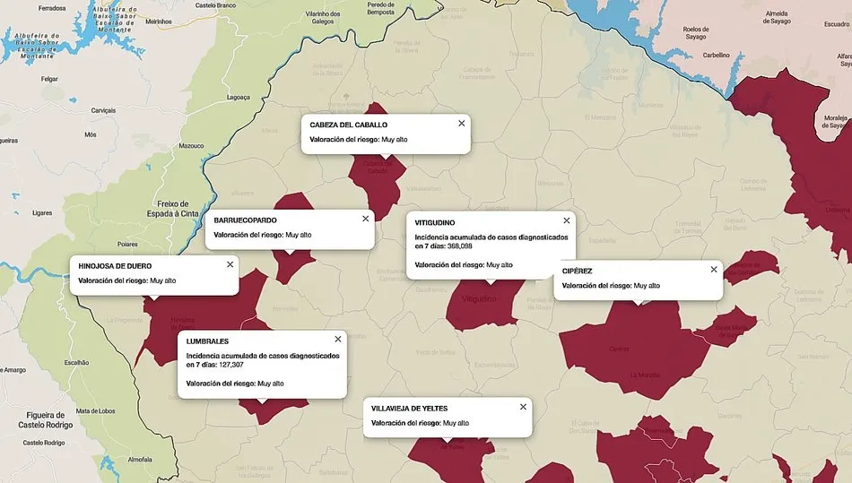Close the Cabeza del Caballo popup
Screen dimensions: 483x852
[x=462, y=124]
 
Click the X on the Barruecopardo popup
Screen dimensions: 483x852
[x=365, y=219]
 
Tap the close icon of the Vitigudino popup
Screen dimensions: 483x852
[x=566, y=220]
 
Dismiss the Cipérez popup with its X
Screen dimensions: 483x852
[x=714, y=269]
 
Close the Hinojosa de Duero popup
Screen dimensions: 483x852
[x=230, y=264]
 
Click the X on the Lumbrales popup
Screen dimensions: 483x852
[x=338, y=340]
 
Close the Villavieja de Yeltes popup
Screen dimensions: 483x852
[x=523, y=407]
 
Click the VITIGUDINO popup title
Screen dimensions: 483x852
[x=435, y=222]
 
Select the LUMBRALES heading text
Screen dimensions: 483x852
[x=207, y=341]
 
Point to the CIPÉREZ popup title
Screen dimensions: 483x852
[x=577, y=271]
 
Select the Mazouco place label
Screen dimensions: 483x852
[x=191, y=145]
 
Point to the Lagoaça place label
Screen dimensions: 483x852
[x=238, y=97]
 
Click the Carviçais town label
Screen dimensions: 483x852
[x=104, y=110]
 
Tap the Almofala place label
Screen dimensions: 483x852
[x=141, y=459]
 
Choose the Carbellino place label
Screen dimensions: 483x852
[x=716, y=55]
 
